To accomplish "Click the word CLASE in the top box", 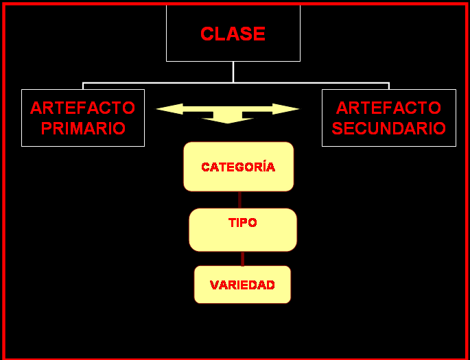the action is [233, 34].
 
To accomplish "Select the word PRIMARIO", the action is [83, 128].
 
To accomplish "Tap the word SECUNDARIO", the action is [389, 128].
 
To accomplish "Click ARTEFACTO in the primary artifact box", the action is [83, 108].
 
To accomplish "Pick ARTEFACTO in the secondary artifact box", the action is [389, 108].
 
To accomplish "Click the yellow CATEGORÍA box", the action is [239, 167].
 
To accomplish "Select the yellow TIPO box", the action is [243, 230].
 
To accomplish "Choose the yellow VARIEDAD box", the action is [242, 285].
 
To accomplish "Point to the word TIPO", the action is [242, 223].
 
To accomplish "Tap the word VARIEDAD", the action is [242, 285].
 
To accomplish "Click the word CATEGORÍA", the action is [238, 166].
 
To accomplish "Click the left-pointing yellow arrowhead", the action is [169, 109].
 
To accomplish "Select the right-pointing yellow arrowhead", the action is [286, 109].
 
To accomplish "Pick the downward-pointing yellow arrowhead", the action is [228, 121].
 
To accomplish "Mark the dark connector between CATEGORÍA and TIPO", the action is [239, 200].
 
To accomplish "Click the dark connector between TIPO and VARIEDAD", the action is [242, 259].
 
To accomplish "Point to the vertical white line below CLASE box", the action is [233, 72].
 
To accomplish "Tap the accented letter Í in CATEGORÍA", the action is [261, 166].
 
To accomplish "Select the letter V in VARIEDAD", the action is [214, 285].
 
